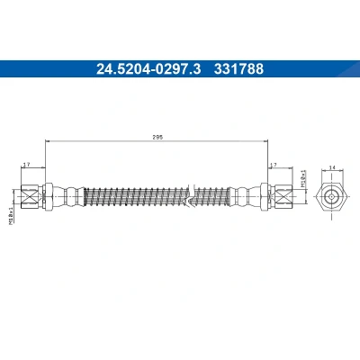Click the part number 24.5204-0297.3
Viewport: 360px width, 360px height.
(148, 68)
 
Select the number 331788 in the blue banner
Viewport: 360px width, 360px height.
(238, 68)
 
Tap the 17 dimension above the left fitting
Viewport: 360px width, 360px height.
(27, 165)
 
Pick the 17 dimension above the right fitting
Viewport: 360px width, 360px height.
(273, 165)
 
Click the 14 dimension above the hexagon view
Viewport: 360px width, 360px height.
(332, 168)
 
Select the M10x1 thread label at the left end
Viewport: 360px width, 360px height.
(11, 215)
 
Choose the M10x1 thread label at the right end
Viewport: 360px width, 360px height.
(303, 179)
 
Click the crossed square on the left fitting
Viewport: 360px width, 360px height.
(31, 197)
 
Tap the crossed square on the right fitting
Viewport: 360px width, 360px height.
(283, 197)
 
